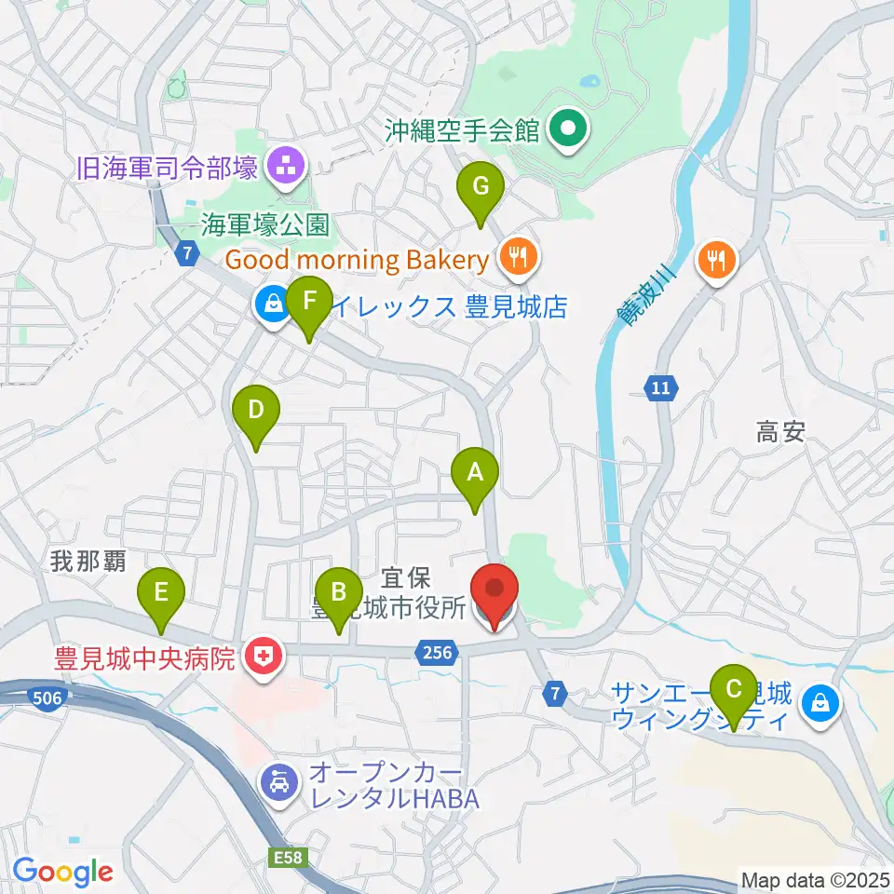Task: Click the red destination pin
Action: click(494, 591)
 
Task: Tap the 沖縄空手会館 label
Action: click(463, 130)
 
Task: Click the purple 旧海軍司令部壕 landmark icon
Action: click(281, 168)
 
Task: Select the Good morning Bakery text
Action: click(357, 260)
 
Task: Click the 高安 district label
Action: click(779, 431)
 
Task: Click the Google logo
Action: click(62, 872)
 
